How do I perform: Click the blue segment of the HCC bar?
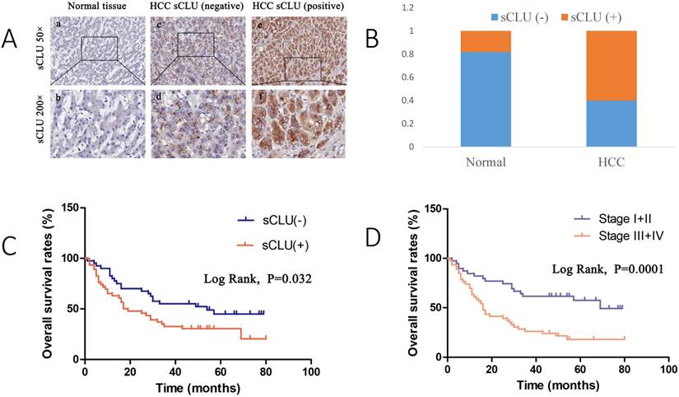pyautogui.click(x=605, y=124)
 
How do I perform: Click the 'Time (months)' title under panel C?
pyautogui.click(x=197, y=384)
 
